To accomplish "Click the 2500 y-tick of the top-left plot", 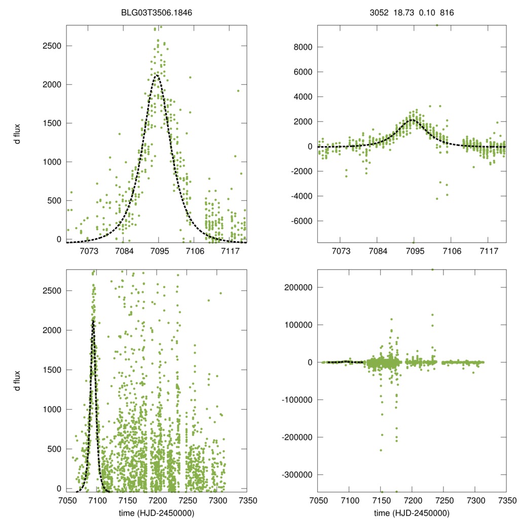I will [x=51, y=46].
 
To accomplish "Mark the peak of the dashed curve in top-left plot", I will [x=157, y=76].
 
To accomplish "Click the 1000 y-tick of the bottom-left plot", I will [x=51, y=409].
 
